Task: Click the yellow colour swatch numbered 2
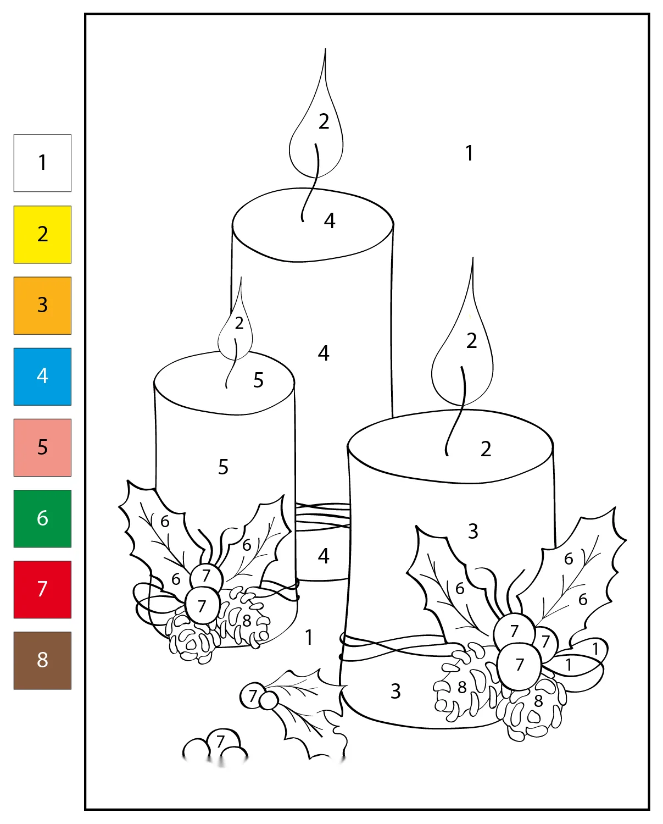(x=42, y=234)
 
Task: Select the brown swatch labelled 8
(x=42, y=661)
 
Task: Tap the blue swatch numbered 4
(x=42, y=377)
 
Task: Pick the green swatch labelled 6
(x=42, y=518)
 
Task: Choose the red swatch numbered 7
(x=42, y=590)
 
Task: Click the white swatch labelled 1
(x=42, y=163)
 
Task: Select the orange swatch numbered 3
(x=42, y=306)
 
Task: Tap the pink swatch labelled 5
(x=42, y=447)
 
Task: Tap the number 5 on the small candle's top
(x=259, y=380)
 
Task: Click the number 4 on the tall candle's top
(x=330, y=220)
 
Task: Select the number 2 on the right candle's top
(x=486, y=449)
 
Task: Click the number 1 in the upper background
(x=470, y=153)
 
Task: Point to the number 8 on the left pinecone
(x=247, y=621)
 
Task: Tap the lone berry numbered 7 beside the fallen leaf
(x=253, y=695)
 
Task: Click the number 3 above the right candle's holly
(x=473, y=532)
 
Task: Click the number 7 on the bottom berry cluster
(x=220, y=742)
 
